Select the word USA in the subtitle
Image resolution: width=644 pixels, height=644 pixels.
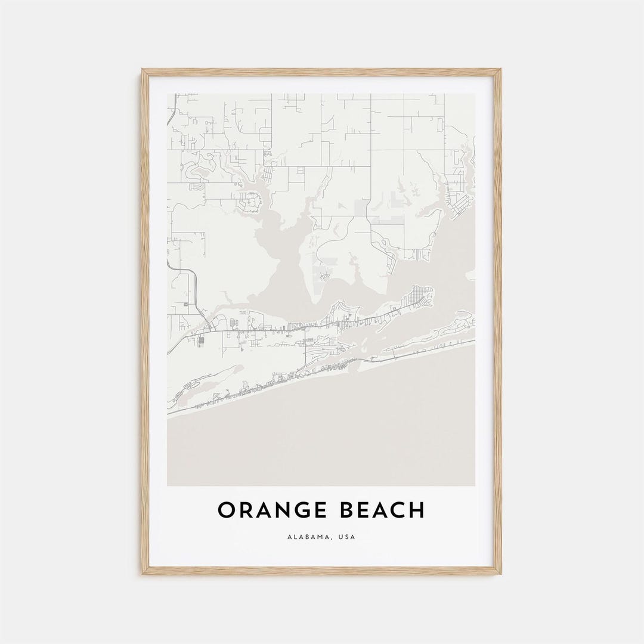[x=346, y=537]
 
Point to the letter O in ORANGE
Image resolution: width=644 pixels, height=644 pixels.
[x=225, y=510]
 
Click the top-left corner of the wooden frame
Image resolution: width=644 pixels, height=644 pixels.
[x=143, y=70]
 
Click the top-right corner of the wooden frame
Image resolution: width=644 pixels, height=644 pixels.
[x=501, y=70]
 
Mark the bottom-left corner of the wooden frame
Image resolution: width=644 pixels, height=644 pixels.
[x=143, y=574]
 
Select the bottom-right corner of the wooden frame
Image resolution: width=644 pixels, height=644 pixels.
[x=501, y=574]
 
